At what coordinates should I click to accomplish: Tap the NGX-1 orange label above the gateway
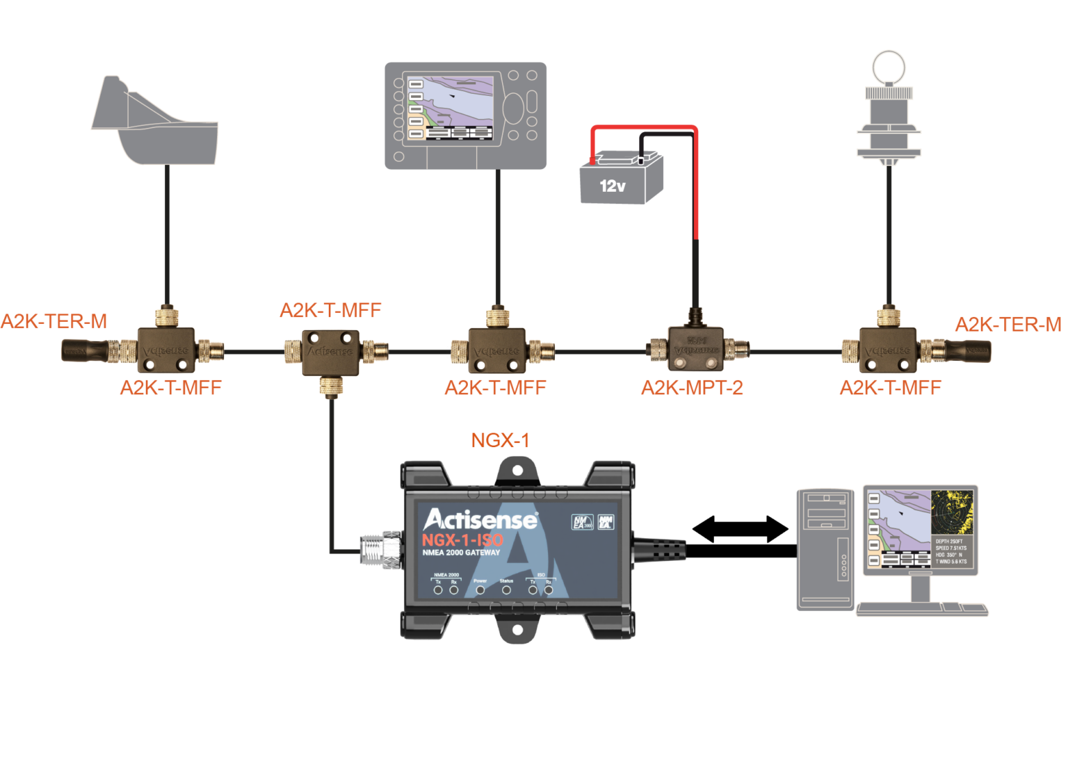[500, 440]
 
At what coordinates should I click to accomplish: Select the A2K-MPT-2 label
[692, 387]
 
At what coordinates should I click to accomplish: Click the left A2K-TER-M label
[54, 322]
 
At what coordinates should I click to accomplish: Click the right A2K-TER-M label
[1008, 325]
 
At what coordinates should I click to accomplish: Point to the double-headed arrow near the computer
[741, 529]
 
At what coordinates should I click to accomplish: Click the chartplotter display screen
[451, 108]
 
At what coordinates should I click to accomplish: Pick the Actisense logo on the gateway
[480, 520]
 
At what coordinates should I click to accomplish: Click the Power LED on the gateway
[480, 590]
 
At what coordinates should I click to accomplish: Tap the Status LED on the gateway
[506, 590]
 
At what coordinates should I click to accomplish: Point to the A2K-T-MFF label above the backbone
[330, 311]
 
